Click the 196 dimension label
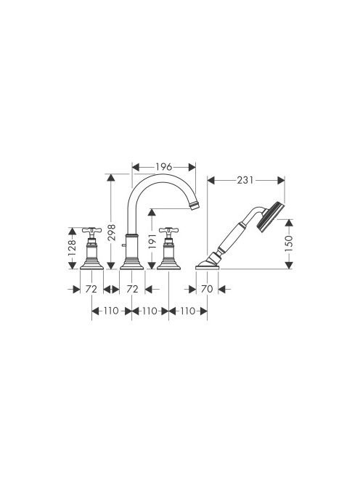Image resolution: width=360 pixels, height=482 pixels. tap(163, 167)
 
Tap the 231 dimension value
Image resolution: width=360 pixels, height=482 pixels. tap(245, 180)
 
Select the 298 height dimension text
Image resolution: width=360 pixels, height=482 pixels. tap(111, 232)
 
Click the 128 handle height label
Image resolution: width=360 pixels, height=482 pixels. tap(72, 248)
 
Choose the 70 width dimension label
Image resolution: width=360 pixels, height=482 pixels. tap(207, 289)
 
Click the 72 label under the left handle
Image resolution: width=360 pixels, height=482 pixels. tap(91, 289)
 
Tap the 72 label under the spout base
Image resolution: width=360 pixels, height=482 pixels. tap(132, 289)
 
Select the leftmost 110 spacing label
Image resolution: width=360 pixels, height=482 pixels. tap(110, 311)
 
